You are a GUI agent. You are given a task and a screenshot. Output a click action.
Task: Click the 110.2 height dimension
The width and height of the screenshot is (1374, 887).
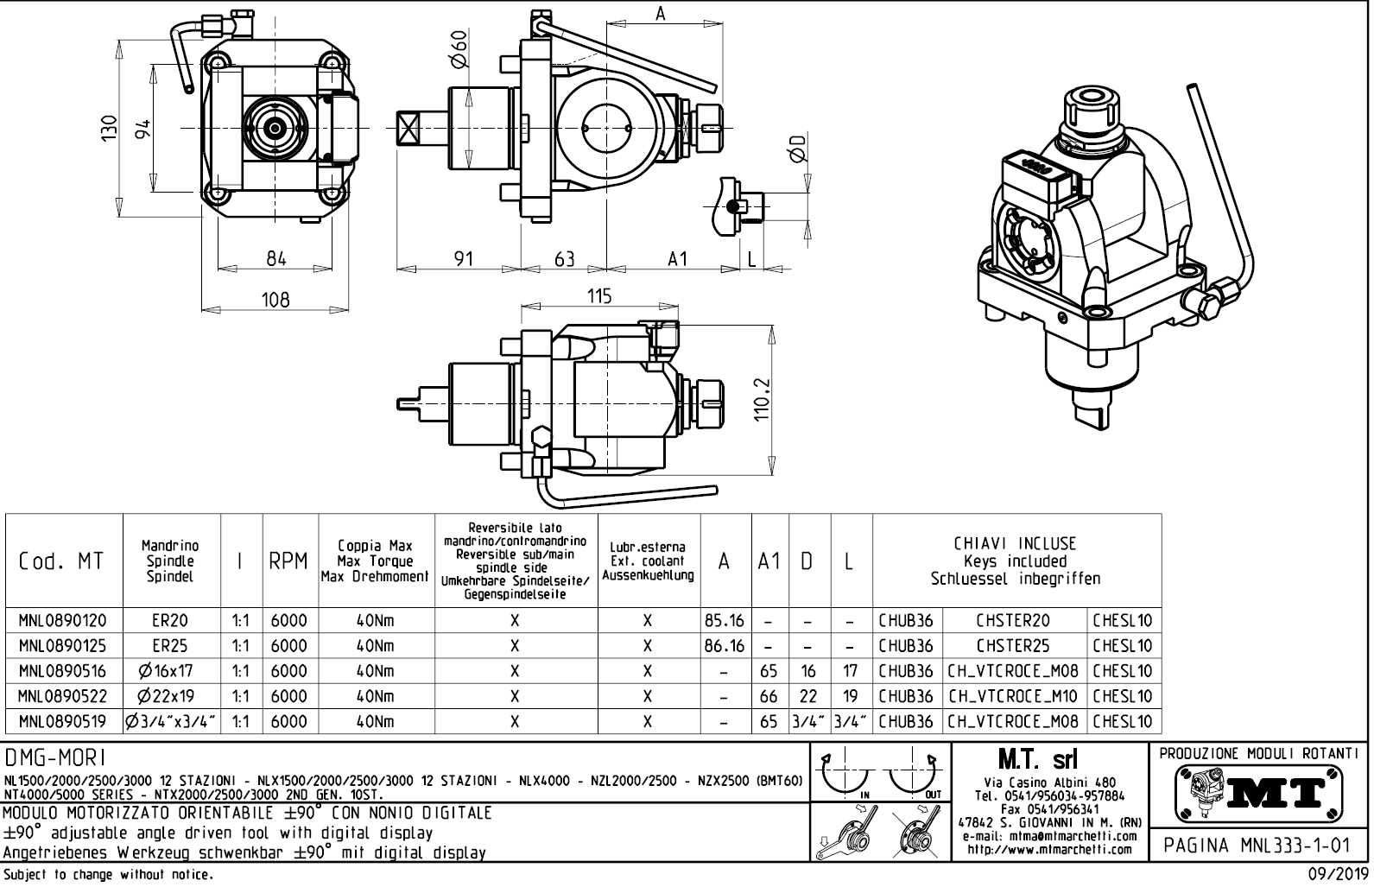[761, 401]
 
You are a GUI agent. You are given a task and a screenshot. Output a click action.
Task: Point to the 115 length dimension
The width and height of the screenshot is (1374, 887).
[598, 296]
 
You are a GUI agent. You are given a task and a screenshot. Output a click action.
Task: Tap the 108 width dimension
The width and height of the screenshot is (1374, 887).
[275, 300]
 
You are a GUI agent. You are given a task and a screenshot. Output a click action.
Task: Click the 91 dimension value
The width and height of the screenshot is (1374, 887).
[464, 258]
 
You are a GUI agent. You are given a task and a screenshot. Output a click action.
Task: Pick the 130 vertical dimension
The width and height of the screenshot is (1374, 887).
[108, 129]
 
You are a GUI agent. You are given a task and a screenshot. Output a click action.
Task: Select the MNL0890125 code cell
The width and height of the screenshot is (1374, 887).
[64, 645]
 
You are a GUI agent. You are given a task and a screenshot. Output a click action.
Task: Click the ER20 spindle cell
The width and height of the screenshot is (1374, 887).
[170, 620]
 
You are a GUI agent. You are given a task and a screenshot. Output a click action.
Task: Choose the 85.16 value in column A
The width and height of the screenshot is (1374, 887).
[725, 620]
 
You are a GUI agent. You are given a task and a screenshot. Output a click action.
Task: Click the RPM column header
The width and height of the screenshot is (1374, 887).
[288, 561]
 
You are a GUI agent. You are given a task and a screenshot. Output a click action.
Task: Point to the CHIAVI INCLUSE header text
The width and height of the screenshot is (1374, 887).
[1015, 543]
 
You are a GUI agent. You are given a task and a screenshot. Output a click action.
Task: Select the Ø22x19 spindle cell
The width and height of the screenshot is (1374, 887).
[170, 696]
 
